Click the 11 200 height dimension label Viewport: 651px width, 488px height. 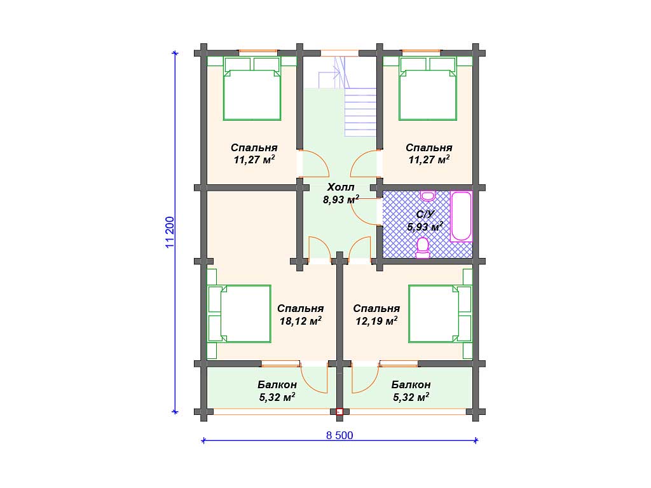tap(170, 233)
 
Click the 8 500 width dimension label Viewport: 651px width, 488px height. tap(339, 435)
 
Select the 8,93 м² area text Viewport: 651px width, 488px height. tap(341, 199)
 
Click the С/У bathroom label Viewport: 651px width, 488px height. tap(425, 214)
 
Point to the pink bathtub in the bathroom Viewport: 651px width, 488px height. tap(462, 216)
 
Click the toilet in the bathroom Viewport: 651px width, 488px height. tap(423, 248)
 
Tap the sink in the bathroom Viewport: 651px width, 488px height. tap(427, 196)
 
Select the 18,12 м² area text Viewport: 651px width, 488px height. tap(300, 321)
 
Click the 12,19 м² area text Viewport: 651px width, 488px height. tap(376, 321)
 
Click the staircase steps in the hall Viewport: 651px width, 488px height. tap(360, 112)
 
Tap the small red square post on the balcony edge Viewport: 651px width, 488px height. tap(339, 412)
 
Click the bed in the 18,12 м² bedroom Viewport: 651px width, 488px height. tap(239, 314)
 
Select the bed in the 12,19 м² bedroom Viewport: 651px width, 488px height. tap(441, 314)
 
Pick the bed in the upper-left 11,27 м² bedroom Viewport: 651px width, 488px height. tap(252, 88)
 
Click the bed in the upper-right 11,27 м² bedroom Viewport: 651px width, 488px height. tap(428, 88)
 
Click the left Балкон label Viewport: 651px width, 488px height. tap(277, 384)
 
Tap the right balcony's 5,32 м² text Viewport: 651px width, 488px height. tap(411, 398)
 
